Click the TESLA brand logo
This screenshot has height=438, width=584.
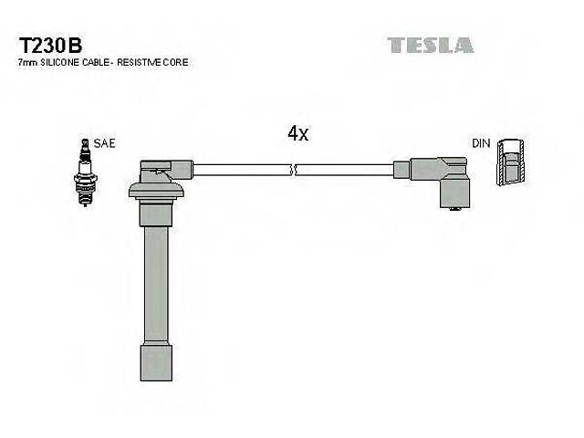430,44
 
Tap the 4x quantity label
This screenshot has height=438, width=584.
298,133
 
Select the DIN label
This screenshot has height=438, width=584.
481,144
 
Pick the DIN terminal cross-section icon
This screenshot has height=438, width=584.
513,164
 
